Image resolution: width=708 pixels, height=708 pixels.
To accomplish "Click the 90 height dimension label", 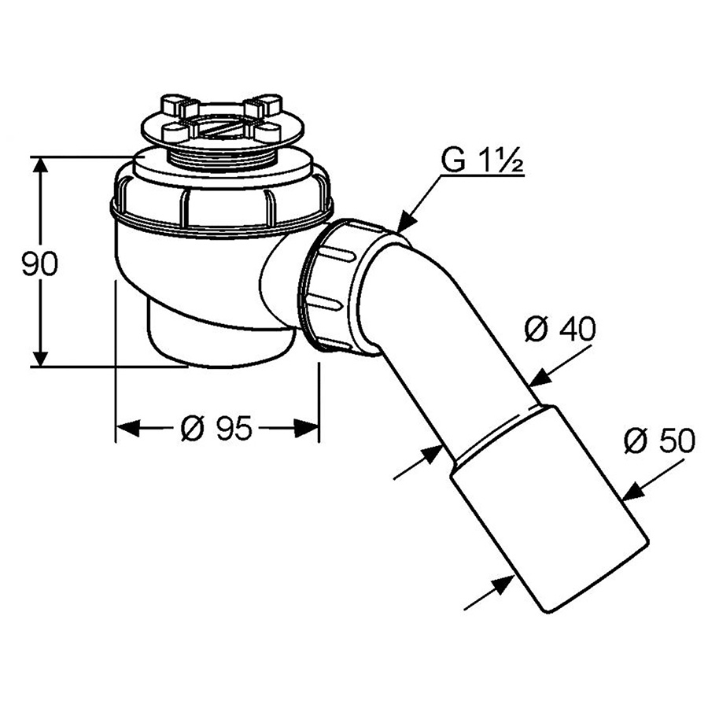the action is coord(40,264).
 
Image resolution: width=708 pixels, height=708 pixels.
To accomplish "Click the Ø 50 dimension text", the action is coord(659,441).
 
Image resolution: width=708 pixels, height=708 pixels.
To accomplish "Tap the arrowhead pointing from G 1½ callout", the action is coord(407,222).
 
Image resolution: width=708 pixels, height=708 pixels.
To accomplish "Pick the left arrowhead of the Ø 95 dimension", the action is coord(127,428).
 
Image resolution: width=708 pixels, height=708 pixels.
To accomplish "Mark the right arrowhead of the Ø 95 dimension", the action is coord(307,428).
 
